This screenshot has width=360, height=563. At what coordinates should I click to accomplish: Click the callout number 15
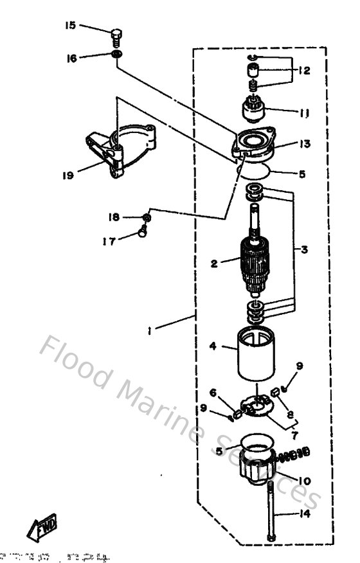[69, 26]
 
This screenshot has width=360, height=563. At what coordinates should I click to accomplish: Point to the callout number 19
[68, 174]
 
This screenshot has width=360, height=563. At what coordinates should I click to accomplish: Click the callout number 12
[304, 71]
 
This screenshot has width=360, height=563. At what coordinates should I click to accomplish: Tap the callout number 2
[215, 262]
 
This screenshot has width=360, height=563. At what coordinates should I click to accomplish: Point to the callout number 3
[305, 249]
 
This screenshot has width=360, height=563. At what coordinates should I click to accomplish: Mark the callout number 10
[304, 479]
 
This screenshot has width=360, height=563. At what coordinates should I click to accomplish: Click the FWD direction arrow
[40, 528]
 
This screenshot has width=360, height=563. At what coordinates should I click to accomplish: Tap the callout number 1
[149, 332]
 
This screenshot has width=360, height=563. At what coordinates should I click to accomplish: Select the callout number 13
[304, 144]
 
